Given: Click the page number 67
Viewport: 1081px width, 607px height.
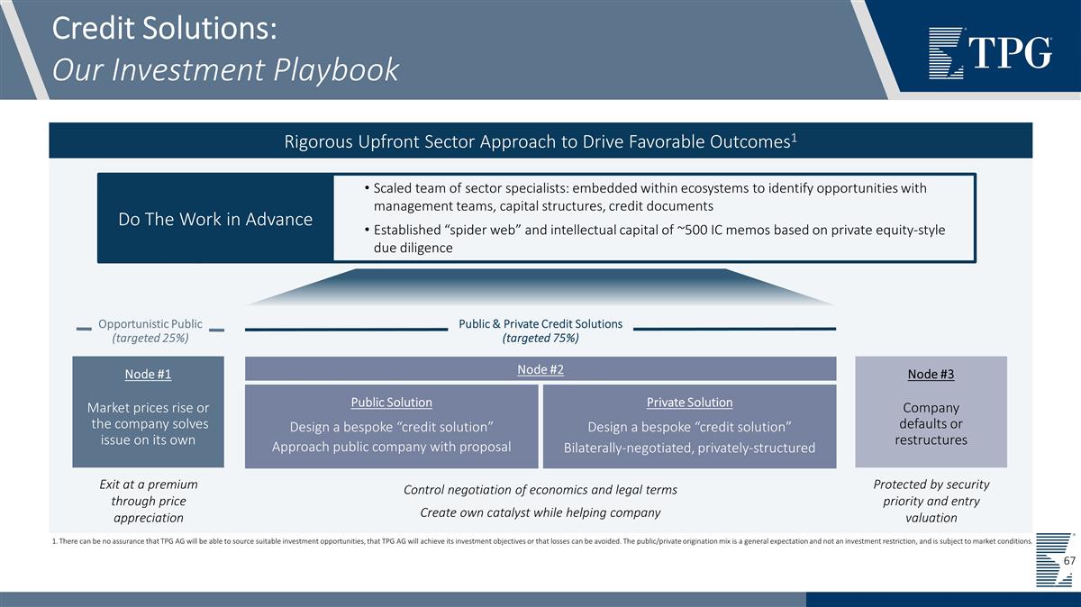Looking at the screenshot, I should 1069,561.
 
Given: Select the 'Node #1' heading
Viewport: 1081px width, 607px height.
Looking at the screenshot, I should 148,375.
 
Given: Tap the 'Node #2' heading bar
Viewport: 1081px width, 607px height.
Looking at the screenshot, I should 540,368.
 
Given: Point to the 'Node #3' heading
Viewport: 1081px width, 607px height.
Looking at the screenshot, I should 931,375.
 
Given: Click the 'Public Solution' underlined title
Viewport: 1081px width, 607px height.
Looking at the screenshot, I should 391,403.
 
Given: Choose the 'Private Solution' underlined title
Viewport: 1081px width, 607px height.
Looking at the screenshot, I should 689,403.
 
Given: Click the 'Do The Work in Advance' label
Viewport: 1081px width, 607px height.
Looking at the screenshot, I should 215,219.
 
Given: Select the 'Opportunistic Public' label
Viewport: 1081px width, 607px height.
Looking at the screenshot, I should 150,323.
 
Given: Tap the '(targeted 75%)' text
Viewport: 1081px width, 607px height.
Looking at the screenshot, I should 540,339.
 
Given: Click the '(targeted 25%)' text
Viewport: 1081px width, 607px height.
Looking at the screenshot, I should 150,339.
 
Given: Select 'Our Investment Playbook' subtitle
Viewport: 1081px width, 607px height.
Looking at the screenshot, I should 225,68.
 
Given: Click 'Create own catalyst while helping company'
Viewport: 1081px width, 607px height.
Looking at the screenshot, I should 540,512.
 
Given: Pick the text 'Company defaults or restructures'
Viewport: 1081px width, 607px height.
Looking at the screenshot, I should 931,423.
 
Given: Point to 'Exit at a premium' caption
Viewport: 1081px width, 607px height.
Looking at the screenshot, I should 148,485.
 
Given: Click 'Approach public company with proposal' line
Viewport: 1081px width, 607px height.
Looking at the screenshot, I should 391,447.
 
